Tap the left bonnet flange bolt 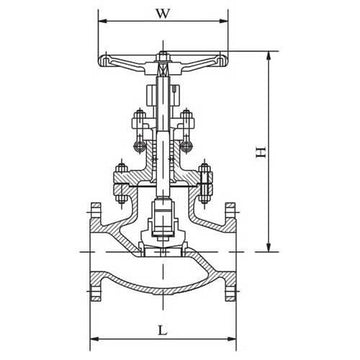click(116, 182)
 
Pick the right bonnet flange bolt click(206, 182)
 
